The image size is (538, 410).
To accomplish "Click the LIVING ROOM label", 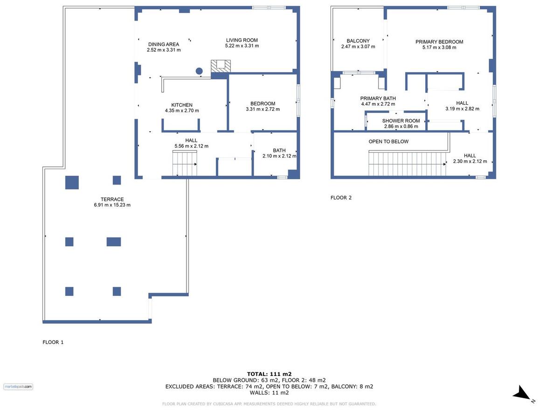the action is (242, 40).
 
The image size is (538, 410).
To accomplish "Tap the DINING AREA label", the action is (164, 44).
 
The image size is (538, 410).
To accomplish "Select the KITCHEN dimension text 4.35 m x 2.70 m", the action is (182, 111).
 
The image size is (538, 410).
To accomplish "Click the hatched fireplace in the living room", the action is (221, 66).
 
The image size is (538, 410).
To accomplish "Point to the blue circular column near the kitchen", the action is (199, 71).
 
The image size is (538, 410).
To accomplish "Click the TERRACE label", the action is (112, 199).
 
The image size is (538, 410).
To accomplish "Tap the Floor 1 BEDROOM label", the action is (263, 103).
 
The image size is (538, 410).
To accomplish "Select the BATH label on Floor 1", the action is (279, 150).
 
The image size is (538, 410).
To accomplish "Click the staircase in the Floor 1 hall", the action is (185, 164).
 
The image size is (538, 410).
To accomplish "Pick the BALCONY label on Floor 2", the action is (358, 41).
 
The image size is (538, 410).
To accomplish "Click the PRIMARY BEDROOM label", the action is (439, 42).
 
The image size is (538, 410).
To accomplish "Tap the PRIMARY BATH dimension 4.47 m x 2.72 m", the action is (378, 104).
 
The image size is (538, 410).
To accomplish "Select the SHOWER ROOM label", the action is (401, 121).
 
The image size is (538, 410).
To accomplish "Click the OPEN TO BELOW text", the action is (389, 141).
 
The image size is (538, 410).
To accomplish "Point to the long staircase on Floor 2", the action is (407, 164).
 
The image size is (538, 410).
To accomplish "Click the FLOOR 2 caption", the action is (341, 198).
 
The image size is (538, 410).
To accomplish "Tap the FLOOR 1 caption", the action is (53, 342).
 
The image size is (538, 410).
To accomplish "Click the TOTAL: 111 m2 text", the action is (269, 374).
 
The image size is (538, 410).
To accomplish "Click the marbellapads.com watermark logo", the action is (18, 387).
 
